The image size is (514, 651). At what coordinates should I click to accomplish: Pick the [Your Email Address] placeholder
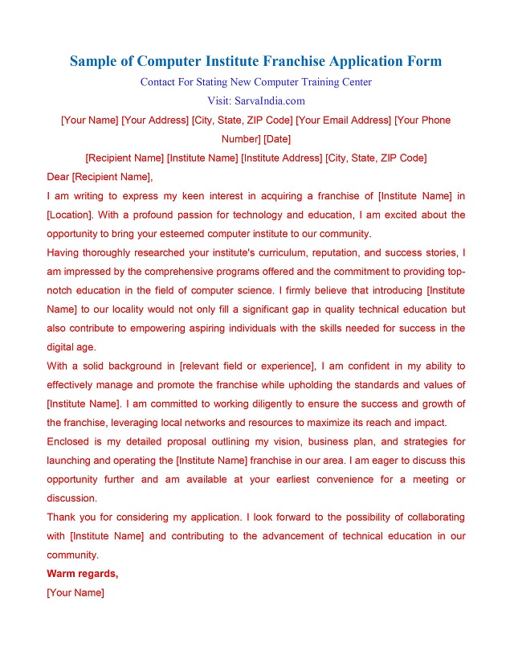344,121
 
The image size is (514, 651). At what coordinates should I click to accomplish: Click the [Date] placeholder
277,139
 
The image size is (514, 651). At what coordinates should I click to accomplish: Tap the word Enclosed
71,441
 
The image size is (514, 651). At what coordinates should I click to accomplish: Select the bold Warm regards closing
83,574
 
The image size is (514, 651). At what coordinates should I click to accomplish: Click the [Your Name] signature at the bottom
75,593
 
